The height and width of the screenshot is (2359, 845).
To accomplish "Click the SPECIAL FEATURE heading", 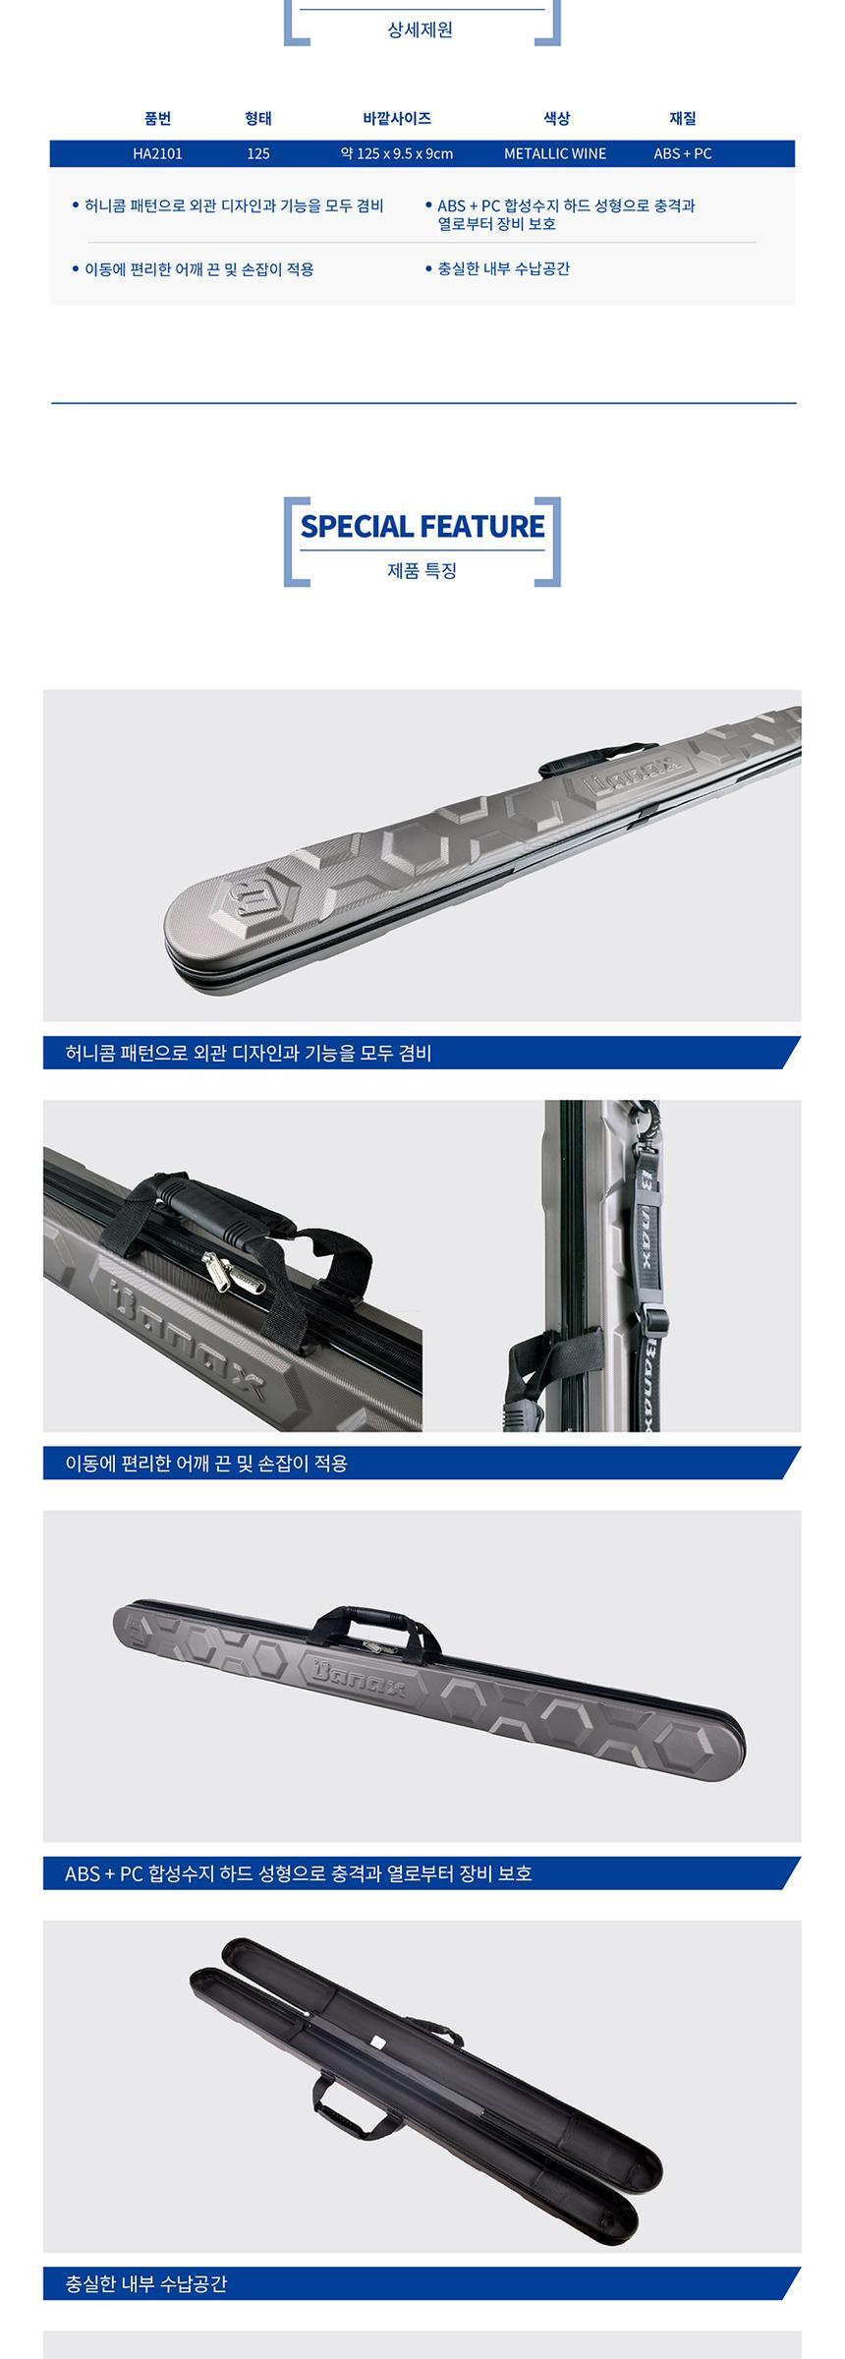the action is (422, 526).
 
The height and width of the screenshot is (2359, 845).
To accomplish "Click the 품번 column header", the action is (157, 118).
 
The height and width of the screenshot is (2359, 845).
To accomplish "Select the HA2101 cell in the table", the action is (157, 153).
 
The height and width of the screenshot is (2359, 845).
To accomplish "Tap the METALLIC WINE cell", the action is (555, 153).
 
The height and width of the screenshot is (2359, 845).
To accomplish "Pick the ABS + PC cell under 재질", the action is (683, 153).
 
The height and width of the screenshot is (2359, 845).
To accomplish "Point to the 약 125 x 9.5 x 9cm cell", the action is (397, 153).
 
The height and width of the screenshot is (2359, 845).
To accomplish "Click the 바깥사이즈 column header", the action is (397, 118).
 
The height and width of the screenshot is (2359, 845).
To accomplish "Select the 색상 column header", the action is (556, 118).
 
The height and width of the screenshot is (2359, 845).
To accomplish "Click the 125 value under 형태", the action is (258, 153).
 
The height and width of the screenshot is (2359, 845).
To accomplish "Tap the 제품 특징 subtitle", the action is (422, 570).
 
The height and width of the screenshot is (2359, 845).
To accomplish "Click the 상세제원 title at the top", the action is (421, 29).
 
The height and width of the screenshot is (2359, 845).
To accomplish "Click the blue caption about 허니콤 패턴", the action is (249, 1053).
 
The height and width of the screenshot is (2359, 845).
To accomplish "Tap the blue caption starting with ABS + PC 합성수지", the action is (299, 1873).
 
